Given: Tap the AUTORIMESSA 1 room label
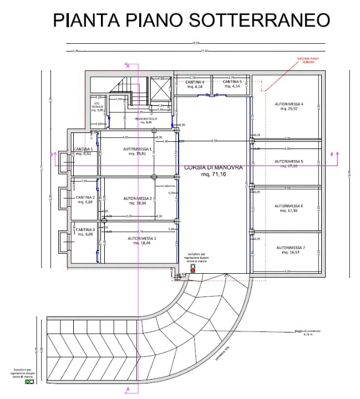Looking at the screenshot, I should point(136,150).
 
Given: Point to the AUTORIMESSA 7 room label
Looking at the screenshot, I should point(289,247).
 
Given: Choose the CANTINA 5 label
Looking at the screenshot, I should point(233,83).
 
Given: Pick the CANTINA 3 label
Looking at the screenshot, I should point(85,229).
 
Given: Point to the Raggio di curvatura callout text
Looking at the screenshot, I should point(305,333).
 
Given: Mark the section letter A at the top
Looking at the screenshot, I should point(129,66).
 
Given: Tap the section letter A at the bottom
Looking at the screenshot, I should point(129,390).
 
